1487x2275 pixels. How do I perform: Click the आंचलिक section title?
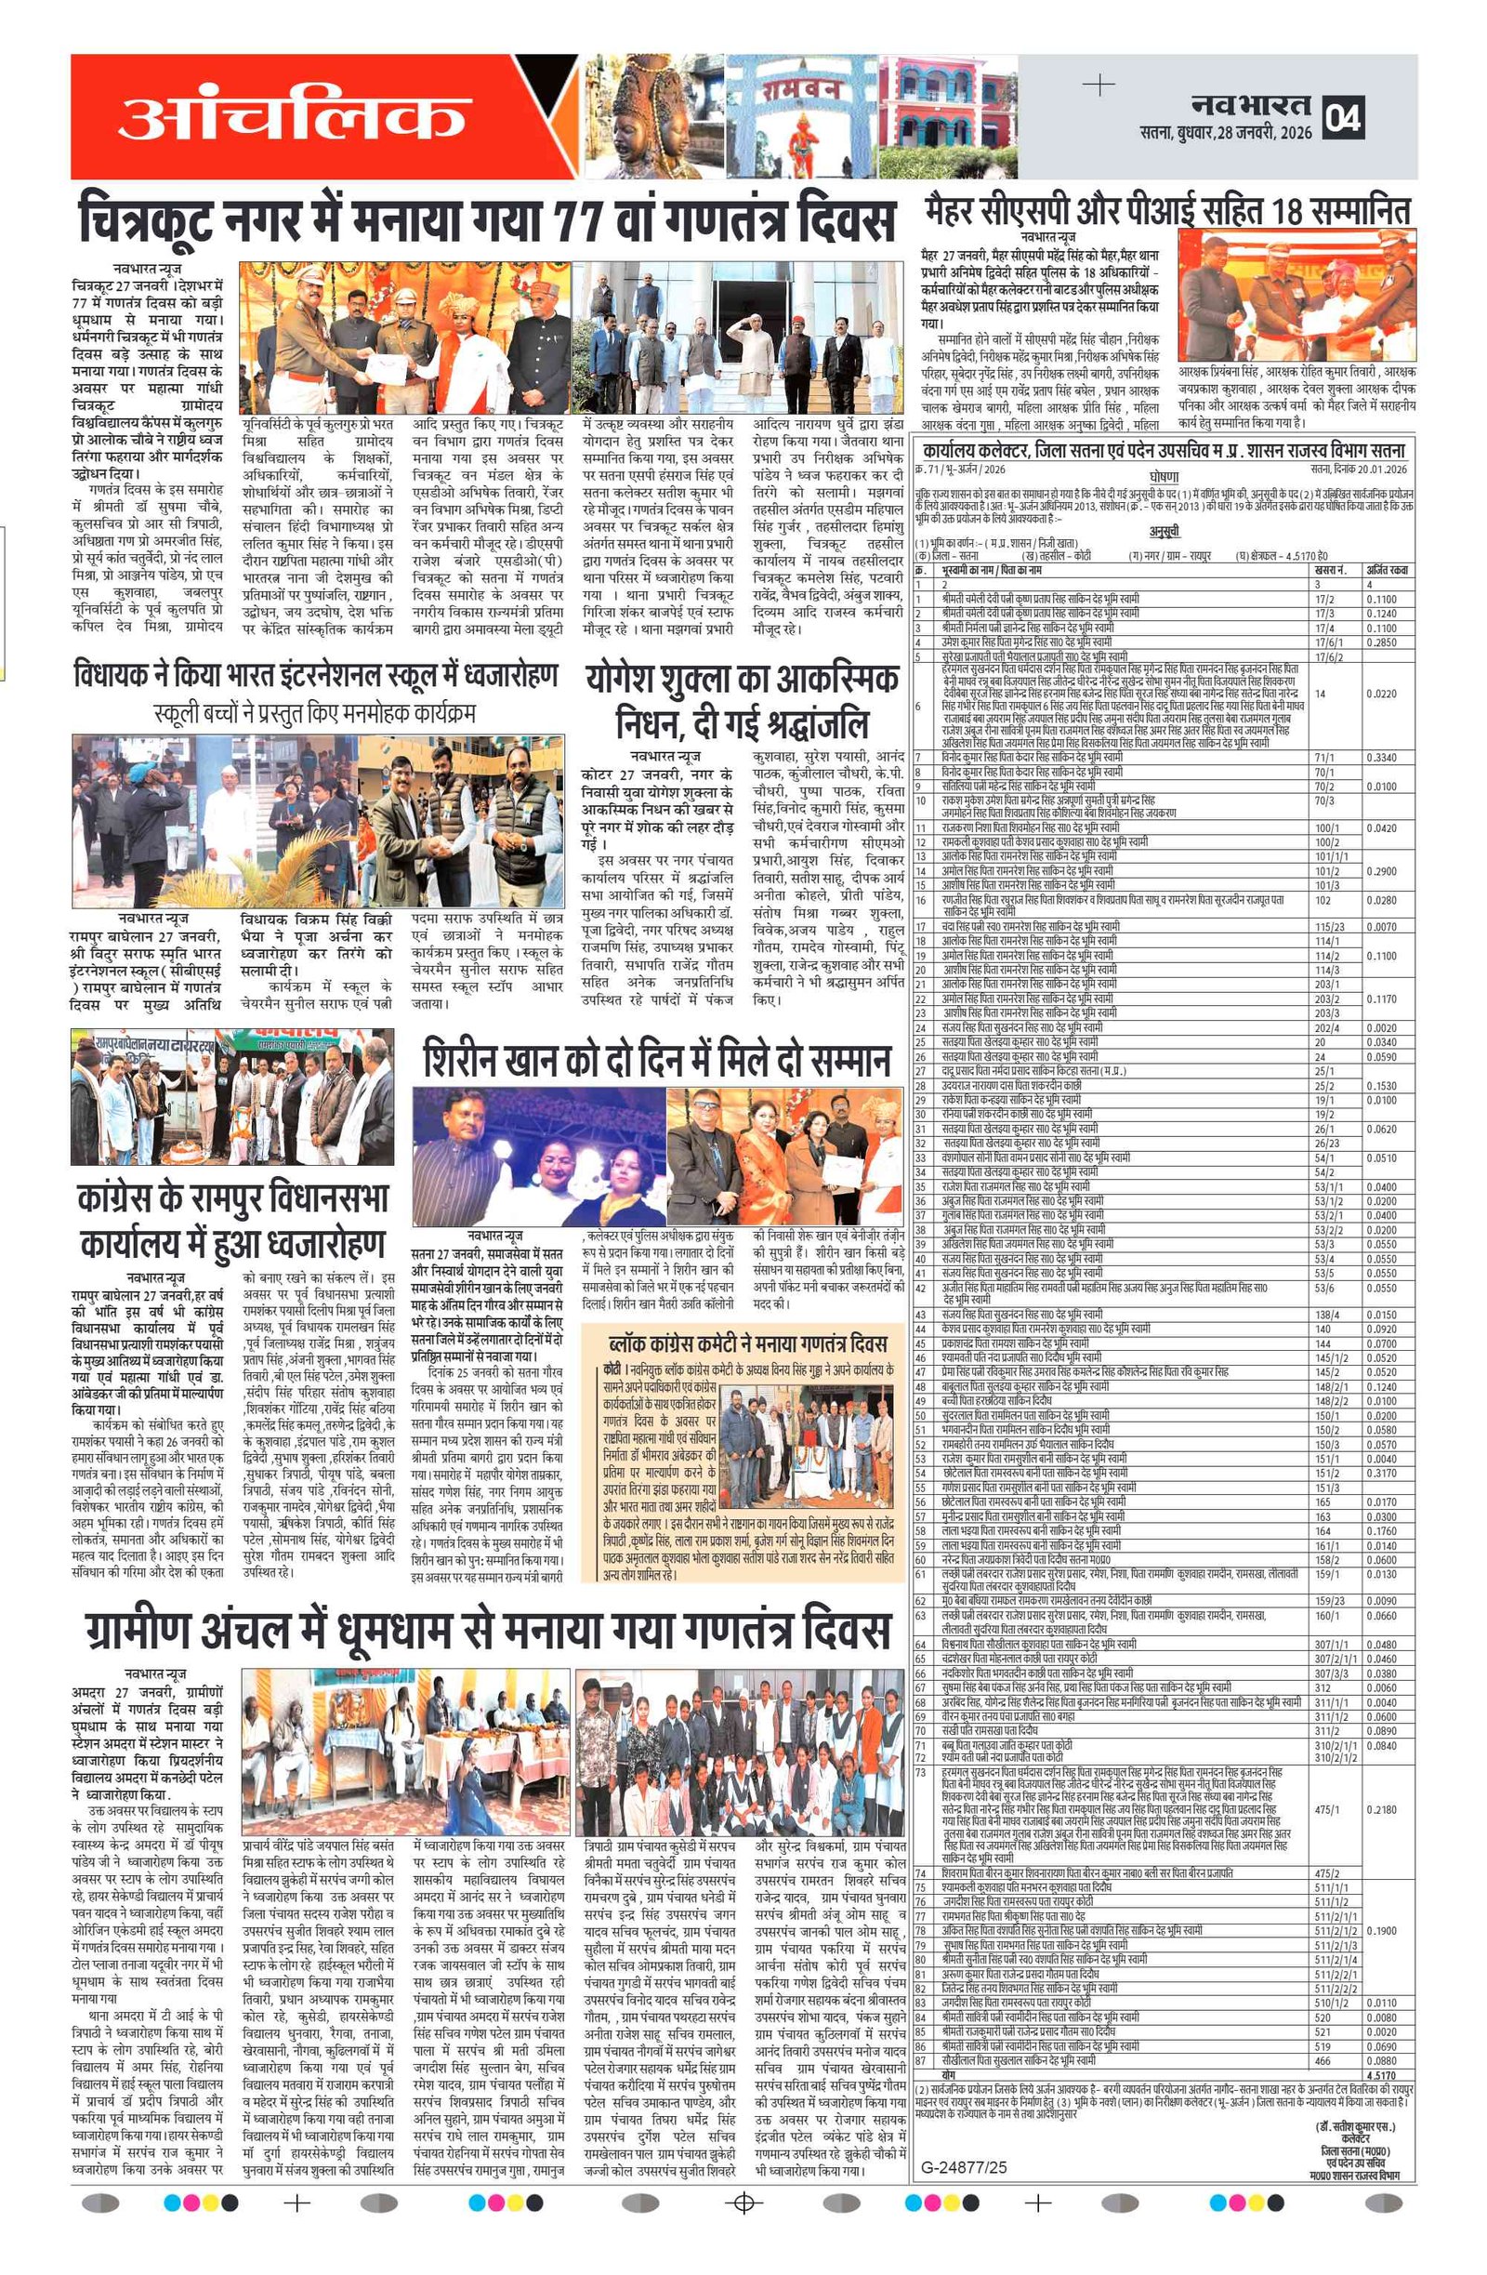point(292,117)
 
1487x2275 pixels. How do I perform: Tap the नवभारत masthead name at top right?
point(1251,105)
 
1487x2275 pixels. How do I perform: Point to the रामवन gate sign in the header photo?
point(801,89)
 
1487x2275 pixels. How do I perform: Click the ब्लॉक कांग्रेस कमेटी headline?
point(748,1344)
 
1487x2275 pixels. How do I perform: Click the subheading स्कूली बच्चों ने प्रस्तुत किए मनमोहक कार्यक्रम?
point(314,713)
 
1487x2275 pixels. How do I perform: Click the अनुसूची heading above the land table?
point(1164,533)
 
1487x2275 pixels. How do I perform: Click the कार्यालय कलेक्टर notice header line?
point(1161,450)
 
